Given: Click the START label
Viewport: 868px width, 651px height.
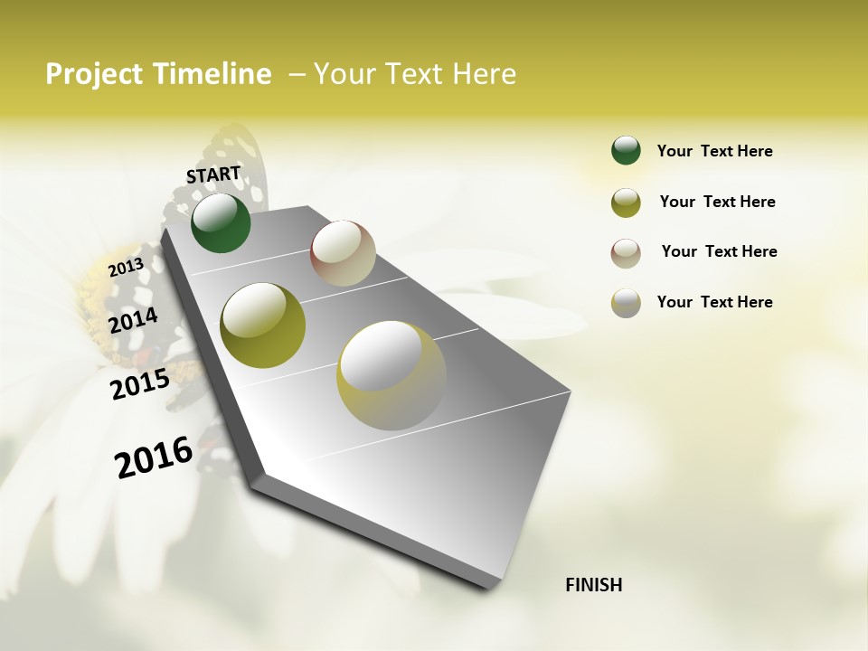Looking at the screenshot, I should [x=213, y=174].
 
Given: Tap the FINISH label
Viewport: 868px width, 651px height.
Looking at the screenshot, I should [x=593, y=585].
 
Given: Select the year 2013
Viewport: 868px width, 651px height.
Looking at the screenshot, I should [x=126, y=268].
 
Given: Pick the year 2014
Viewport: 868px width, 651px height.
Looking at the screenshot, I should [x=134, y=320].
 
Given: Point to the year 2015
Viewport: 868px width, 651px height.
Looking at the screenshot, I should [x=140, y=384].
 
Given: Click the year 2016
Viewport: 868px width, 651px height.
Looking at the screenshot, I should [x=154, y=457].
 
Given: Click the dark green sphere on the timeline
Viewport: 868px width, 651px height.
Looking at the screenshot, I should [x=221, y=222].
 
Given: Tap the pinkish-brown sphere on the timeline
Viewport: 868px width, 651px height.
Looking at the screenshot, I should [x=343, y=253].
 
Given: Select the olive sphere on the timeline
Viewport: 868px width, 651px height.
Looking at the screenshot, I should [x=262, y=325].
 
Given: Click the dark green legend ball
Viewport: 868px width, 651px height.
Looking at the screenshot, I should [x=626, y=150].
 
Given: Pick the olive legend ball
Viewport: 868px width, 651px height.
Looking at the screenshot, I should [x=626, y=203].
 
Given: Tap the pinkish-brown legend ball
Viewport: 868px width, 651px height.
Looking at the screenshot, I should [x=626, y=253].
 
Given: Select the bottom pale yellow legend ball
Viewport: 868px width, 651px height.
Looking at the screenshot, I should [x=626, y=303].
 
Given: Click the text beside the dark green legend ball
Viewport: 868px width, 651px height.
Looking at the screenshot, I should [x=714, y=151].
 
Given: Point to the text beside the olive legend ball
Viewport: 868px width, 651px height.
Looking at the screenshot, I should [x=717, y=202].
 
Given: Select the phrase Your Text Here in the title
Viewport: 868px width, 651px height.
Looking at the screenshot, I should [x=415, y=74].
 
